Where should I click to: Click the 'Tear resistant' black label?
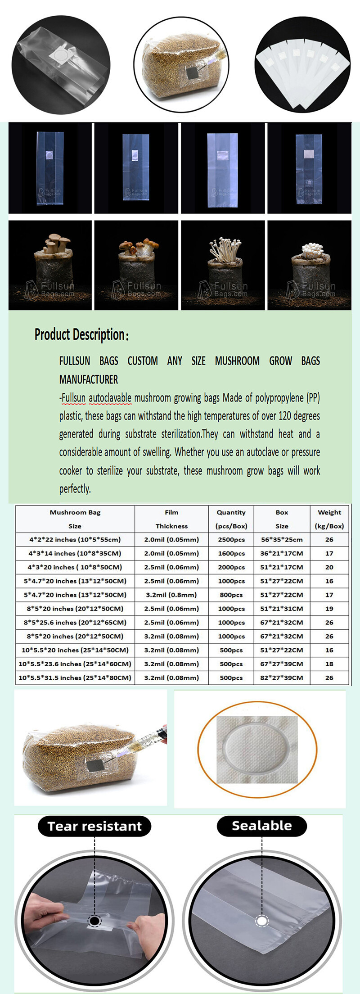point(94,826)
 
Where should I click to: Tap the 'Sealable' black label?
point(261,826)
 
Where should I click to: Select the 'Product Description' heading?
point(81,334)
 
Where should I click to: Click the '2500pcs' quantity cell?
point(231,539)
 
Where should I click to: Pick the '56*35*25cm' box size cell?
point(282,539)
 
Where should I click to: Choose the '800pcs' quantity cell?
point(231,595)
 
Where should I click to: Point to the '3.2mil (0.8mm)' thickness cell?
point(171,595)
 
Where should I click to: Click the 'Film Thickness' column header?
point(171,519)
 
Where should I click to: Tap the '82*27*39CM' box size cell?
point(282,678)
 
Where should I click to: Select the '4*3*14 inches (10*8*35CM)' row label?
point(75,553)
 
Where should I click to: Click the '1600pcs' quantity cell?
point(231,553)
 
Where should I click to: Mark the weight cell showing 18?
point(329,664)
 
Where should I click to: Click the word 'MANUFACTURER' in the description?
point(89,380)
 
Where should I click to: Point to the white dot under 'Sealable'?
point(261,920)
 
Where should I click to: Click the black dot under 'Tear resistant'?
point(94,921)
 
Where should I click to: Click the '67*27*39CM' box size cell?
point(282,664)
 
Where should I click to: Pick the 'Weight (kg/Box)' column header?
point(329,519)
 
